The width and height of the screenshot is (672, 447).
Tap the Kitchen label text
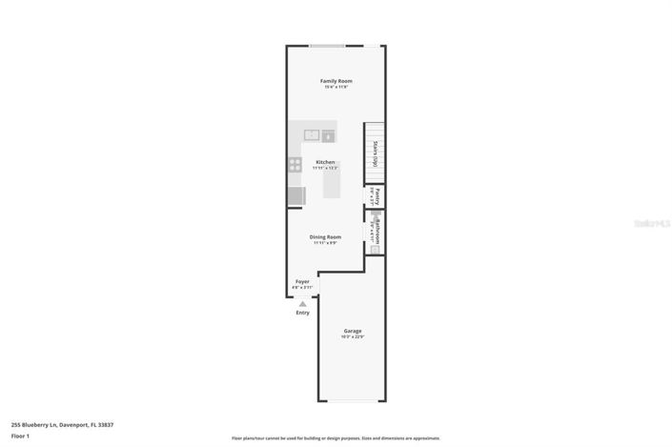[325, 162]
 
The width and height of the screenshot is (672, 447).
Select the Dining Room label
[325, 236]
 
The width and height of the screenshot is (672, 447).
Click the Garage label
[353, 331]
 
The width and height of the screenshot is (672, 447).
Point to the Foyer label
[302, 281]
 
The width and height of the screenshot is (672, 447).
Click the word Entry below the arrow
[302, 313]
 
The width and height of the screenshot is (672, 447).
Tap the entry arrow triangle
[302, 304]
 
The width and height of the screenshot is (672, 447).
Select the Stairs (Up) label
[377, 152]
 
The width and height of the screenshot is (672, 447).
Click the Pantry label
[377, 196]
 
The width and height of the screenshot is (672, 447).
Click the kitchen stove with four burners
[295, 164]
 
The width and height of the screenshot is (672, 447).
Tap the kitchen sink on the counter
[312, 135]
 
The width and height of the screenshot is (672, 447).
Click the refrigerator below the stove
[296, 196]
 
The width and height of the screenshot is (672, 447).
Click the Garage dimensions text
[353, 337]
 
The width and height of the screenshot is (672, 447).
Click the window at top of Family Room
[327, 45]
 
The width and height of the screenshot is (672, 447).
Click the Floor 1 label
[21, 436]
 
